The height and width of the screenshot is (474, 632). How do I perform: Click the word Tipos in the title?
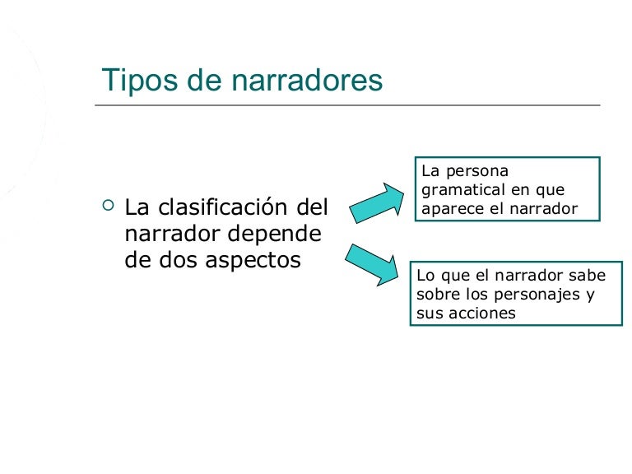(135, 80)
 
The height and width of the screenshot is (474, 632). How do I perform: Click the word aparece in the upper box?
(449, 209)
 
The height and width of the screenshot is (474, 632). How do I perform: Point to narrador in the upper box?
(546, 209)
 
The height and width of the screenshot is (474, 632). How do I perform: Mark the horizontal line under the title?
(346, 105)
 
